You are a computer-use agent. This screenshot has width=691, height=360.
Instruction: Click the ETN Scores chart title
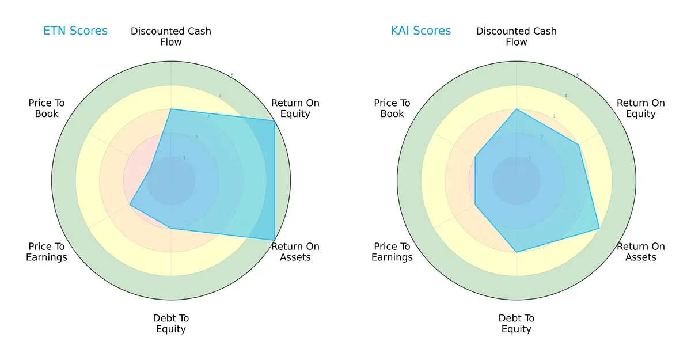tap(75, 31)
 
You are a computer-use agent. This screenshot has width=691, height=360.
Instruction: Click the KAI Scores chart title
tap(421, 31)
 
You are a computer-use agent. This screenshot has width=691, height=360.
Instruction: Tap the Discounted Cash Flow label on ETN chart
tap(171, 36)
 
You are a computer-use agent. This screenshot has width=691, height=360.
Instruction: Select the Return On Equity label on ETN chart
tap(295, 108)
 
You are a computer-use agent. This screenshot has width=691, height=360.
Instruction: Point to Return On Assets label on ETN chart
tap(295, 252)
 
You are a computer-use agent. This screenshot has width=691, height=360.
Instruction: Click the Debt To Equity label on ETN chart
tap(171, 324)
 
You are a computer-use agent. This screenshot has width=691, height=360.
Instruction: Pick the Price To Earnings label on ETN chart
tap(47, 252)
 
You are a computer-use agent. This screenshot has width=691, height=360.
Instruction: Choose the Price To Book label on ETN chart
tap(47, 108)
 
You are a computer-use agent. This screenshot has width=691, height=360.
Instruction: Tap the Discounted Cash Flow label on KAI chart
tap(517, 36)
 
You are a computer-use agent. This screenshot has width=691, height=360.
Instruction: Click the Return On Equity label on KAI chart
tap(641, 108)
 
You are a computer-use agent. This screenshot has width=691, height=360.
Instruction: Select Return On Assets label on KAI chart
tap(641, 252)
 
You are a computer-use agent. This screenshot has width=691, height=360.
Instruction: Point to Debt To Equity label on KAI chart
tap(517, 324)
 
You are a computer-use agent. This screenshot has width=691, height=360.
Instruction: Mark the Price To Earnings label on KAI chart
tap(392, 252)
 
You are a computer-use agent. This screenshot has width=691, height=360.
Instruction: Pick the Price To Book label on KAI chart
tap(392, 108)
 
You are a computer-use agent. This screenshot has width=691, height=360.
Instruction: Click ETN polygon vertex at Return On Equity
tap(274, 120)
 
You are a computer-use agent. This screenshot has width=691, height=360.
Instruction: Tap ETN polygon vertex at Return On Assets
tap(274, 240)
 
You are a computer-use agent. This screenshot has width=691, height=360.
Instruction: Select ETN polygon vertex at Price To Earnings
tap(130, 204)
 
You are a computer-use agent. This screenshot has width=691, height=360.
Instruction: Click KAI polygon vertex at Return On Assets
tap(599, 228)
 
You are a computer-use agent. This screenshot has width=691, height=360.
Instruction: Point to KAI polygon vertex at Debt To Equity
tap(517, 252)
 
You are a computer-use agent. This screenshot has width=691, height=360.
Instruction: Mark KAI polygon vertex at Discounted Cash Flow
tap(517, 109)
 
